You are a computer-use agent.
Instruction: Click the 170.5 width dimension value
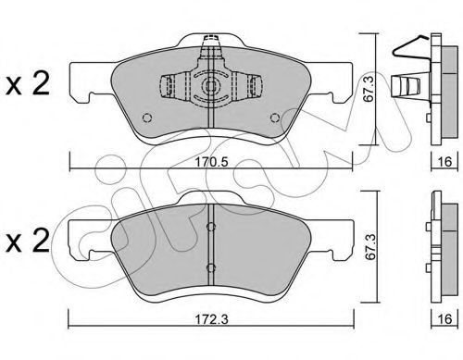tap(211, 162)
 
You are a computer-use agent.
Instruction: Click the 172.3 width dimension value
tap(211, 319)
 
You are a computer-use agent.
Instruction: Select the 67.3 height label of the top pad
tap(369, 90)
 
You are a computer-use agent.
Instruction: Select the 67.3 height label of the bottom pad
tap(370, 247)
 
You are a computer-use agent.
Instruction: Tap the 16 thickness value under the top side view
tap(444, 161)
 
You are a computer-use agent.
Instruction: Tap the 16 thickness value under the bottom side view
tap(444, 319)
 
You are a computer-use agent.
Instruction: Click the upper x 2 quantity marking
tap(28, 83)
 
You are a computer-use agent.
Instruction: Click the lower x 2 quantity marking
tap(28, 241)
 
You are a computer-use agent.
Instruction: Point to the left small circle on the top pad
tap(147, 118)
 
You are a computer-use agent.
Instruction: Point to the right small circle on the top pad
tap(275, 118)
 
